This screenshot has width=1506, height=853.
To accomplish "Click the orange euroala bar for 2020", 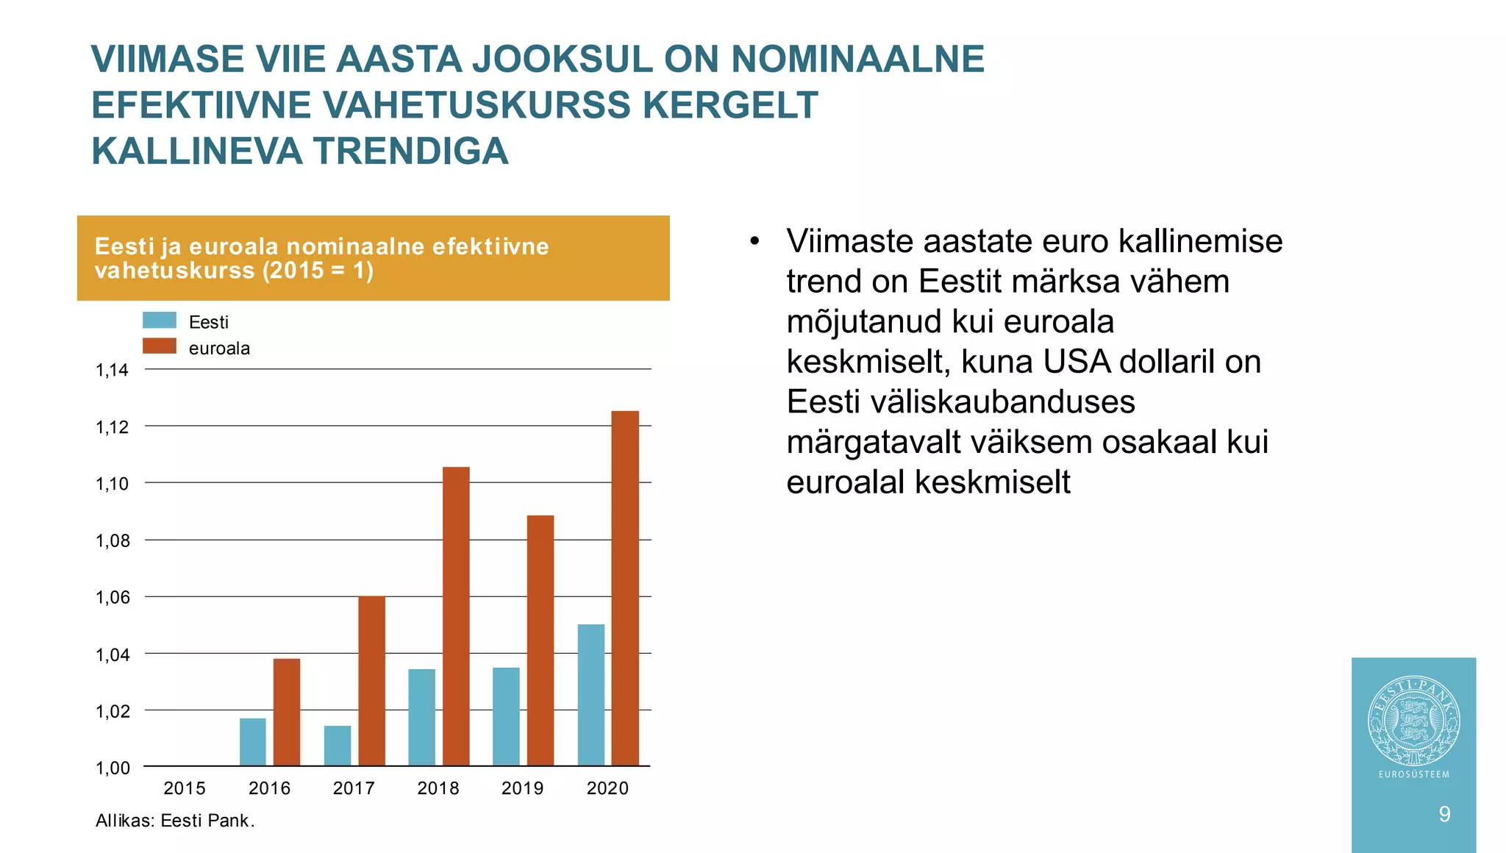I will click(x=625, y=588).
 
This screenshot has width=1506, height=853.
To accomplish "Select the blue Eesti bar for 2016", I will click(x=253, y=742).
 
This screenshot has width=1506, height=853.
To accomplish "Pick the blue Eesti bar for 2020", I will click(x=591, y=695).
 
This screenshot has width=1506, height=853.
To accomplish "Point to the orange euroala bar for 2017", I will click(x=371, y=681).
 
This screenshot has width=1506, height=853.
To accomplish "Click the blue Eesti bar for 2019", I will click(x=506, y=716).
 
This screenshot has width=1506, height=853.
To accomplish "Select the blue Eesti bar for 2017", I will click(x=338, y=746).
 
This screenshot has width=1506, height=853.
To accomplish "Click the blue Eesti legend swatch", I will click(x=160, y=321).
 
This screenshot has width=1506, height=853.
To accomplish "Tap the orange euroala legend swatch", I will click(x=160, y=346).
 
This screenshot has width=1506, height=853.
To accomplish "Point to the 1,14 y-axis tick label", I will click(x=112, y=371).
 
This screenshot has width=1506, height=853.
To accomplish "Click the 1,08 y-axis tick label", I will click(x=112, y=541).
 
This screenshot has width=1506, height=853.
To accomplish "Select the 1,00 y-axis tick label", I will click(x=112, y=768).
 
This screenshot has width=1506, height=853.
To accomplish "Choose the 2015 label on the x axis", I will click(x=185, y=788).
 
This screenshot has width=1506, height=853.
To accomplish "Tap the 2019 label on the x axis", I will click(x=522, y=788).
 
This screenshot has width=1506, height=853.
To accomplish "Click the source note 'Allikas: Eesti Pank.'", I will click(x=175, y=821).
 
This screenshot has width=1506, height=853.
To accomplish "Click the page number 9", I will click(x=1444, y=814).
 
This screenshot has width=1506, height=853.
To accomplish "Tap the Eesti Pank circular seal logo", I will click(x=1413, y=721).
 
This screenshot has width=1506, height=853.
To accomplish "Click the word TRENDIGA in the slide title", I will click(x=411, y=151).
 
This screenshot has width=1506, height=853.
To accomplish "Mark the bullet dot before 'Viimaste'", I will click(x=754, y=242).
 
